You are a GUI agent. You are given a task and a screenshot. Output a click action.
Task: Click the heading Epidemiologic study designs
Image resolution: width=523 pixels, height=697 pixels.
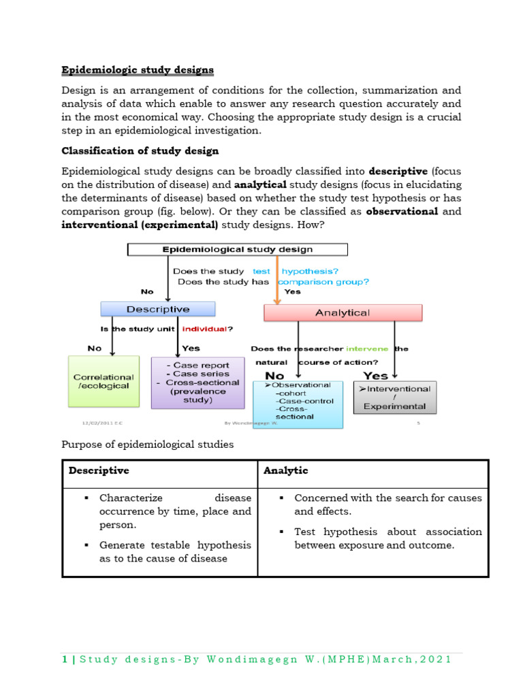138,70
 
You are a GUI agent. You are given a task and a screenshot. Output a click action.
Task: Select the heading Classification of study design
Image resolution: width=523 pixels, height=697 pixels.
140,150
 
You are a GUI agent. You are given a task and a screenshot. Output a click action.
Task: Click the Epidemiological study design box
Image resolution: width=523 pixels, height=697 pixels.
237,250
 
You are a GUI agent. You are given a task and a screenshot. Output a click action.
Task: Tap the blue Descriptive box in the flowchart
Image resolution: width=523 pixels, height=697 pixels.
158,309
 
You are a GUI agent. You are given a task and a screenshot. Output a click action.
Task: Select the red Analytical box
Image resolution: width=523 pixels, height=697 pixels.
343,312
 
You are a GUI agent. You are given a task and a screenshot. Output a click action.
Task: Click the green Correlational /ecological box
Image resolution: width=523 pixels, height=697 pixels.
104,381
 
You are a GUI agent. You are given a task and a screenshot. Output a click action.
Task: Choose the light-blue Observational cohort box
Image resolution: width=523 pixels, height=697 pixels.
298,404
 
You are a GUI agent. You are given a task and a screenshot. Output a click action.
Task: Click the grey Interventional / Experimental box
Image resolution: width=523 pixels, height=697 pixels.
395,398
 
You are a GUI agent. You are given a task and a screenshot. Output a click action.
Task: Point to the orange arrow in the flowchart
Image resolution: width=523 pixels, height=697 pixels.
277,279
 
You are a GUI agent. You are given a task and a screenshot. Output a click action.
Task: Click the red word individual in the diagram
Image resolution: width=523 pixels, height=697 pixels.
202,329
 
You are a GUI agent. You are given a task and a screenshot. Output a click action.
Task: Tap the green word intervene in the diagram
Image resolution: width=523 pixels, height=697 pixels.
367,348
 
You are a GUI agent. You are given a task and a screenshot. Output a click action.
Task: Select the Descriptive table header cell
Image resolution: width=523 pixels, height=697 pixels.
98,471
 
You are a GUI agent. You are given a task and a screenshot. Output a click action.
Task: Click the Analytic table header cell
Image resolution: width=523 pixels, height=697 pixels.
286,471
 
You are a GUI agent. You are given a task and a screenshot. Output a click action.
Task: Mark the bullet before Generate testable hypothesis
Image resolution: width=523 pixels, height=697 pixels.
86,545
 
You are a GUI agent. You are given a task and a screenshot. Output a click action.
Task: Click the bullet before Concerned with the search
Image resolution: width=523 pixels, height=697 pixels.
282,498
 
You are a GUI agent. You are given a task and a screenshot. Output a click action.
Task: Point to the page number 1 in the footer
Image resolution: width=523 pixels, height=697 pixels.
65,660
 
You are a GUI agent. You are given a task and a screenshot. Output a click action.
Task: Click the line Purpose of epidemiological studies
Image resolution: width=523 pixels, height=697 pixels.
147,444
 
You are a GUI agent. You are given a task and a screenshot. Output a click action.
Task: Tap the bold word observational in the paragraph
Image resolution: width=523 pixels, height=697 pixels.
402,211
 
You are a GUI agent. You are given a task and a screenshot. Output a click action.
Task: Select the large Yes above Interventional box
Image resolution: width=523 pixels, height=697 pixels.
376,375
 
